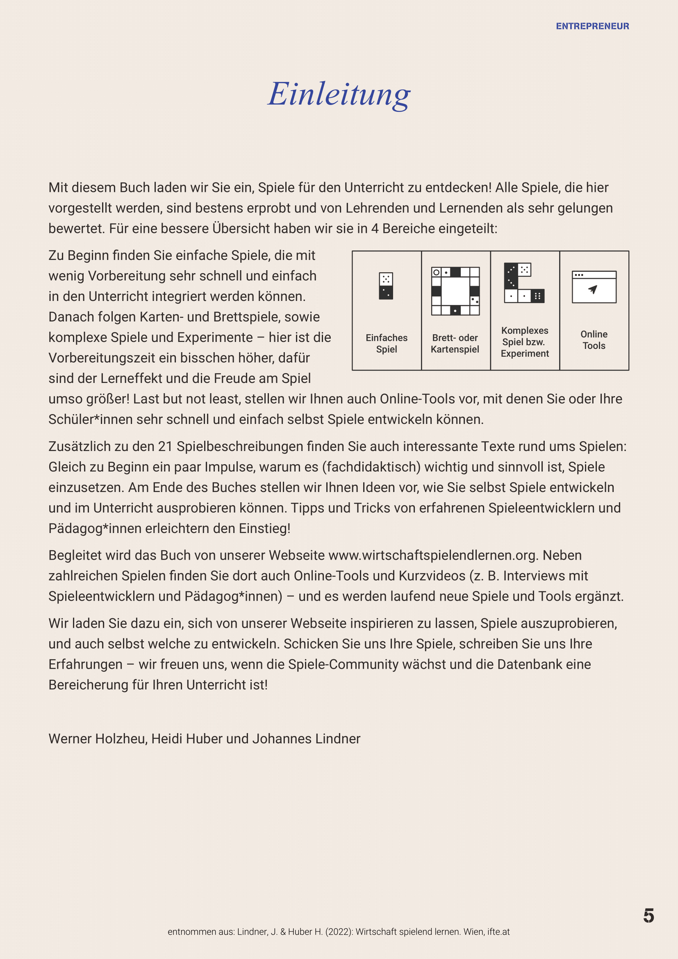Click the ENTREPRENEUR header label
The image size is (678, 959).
pyautogui.click(x=592, y=26)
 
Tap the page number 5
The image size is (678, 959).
pyautogui.click(x=648, y=916)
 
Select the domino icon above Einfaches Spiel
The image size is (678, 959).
pyautogui.click(x=386, y=286)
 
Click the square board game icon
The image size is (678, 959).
pyautogui.click(x=455, y=291)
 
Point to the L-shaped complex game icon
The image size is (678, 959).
pyautogui.click(x=524, y=283)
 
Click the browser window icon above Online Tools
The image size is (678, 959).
pyautogui.click(x=594, y=287)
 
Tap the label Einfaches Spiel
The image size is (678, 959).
pyautogui.click(x=387, y=343)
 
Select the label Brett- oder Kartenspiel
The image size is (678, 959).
pyautogui.click(x=455, y=343)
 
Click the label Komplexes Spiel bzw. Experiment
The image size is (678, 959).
pyautogui.click(x=525, y=342)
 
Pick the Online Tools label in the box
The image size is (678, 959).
pyautogui.click(x=594, y=340)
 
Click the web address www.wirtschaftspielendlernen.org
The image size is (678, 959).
pyautogui.click(x=432, y=555)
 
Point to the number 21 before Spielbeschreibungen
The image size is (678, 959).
pyautogui.click(x=165, y=446)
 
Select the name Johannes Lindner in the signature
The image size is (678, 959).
pyautogui.click(x=306, y=739)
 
